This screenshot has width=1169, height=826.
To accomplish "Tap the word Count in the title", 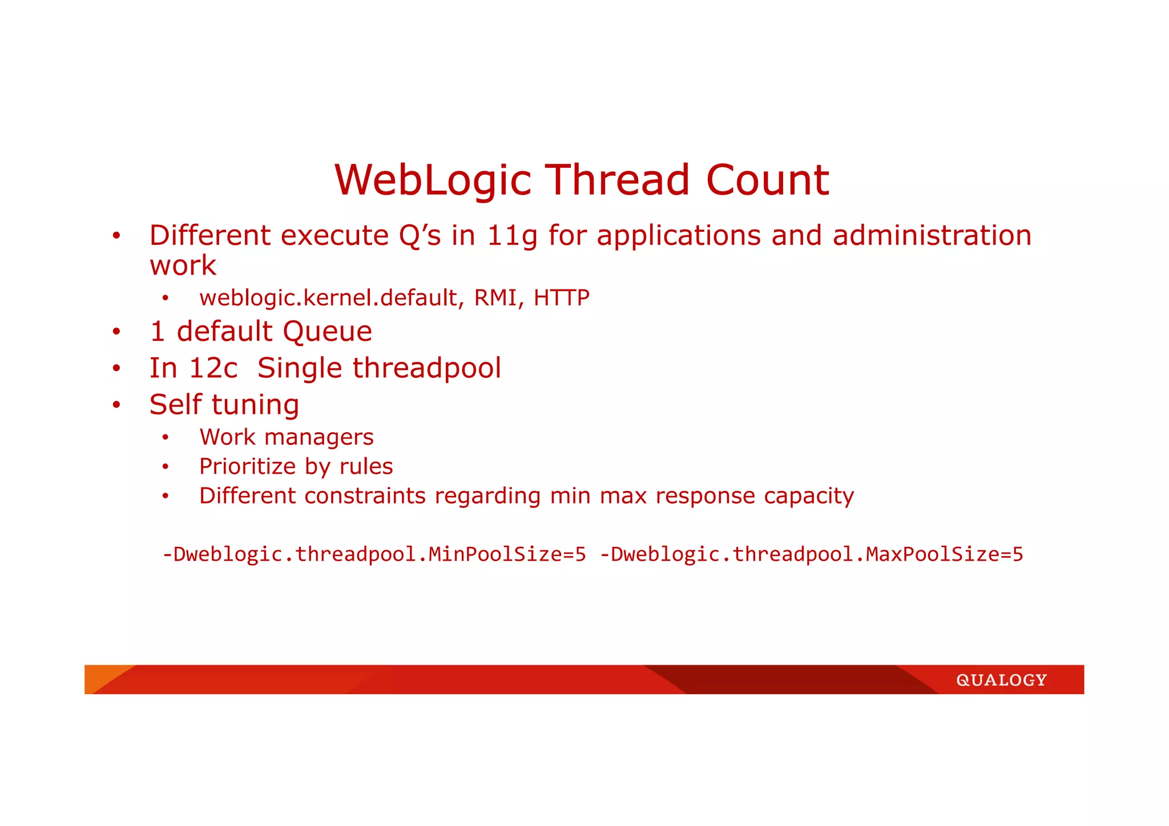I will (x=767, y=181).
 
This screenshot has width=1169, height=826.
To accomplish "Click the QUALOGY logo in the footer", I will (x=1001, y=680).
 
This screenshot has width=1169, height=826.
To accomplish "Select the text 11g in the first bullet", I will (x=511, y=236).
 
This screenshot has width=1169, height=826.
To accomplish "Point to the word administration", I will (x=932, y=236).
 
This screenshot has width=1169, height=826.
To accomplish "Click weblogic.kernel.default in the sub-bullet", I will (x=328, y=298).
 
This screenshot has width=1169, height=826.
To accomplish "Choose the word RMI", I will (x=495, y=298).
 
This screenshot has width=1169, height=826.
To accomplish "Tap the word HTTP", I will (x=561, y=298).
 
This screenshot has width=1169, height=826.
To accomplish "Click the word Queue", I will (x=327, y=332).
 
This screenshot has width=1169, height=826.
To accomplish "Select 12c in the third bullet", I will (x=213, y=368).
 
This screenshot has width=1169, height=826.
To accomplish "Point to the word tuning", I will (x=255, y=405).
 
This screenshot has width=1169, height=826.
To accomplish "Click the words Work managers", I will (x=286, y=437).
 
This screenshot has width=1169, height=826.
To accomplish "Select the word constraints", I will (x=365, y=495).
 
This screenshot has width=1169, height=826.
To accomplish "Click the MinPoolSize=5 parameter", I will (x=507, y=554).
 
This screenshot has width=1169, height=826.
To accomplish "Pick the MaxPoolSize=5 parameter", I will (x=944, y=554).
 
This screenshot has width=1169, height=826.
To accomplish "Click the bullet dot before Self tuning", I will (x=116, y=405).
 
